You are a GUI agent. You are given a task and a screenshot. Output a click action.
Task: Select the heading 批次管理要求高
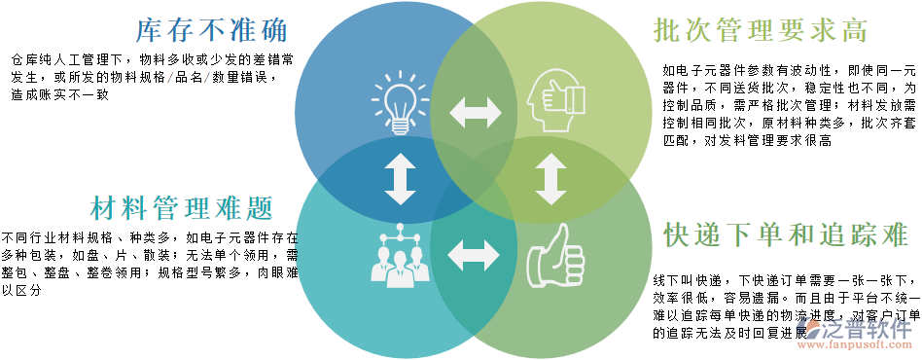click(760, 29)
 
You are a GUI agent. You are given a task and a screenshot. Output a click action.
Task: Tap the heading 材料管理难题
click(181, 207)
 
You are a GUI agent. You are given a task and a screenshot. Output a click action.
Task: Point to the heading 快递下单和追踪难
click(786, 234)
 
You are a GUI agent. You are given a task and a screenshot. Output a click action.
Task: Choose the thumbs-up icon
click(554, 256)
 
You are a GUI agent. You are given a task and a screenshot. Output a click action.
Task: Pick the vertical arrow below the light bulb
click(400, 180)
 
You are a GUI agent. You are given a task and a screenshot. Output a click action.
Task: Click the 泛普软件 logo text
click(869, 330)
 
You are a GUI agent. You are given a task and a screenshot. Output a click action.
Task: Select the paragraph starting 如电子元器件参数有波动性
click(789, 105)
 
